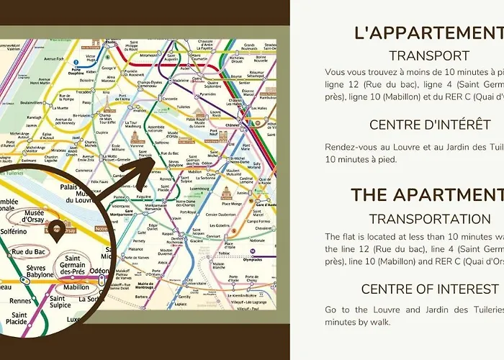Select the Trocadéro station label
(x=84, y=91)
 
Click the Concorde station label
(x=171, y=98)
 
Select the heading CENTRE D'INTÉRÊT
(x=430, y=125)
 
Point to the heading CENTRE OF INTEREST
(x=430, y=289)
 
